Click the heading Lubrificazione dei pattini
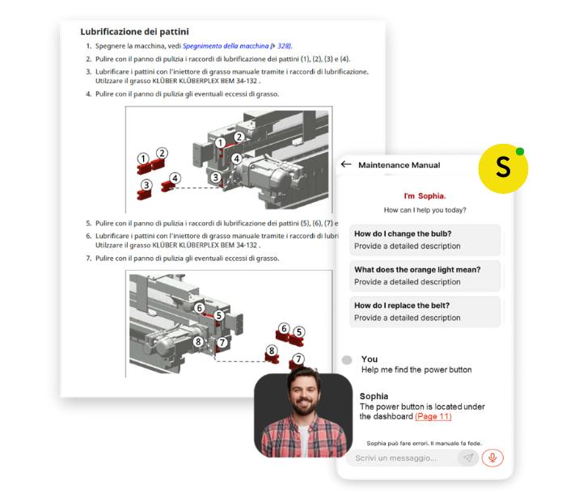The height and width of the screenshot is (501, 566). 134,32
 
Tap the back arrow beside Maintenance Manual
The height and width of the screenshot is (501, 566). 346,165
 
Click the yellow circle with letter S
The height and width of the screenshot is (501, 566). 503,168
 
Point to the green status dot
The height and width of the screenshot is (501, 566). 520,151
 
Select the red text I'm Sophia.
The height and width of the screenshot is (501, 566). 424,196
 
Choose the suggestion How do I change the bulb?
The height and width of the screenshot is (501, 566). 424,240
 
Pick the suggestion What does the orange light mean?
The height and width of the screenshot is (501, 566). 424,276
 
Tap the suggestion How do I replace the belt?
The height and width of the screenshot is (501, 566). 424,312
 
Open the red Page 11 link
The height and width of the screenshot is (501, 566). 433,417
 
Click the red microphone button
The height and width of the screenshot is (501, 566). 492,457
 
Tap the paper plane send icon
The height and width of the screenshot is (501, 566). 468,457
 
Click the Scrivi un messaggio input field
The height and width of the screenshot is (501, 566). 401,458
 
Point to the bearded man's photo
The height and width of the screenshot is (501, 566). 303,415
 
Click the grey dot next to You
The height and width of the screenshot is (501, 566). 347,360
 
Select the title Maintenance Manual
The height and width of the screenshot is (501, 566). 399,165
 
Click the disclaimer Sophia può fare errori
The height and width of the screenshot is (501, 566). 424,444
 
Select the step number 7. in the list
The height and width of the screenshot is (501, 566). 89,259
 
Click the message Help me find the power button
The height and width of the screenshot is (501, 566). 416,370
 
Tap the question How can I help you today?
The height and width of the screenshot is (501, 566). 424,210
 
